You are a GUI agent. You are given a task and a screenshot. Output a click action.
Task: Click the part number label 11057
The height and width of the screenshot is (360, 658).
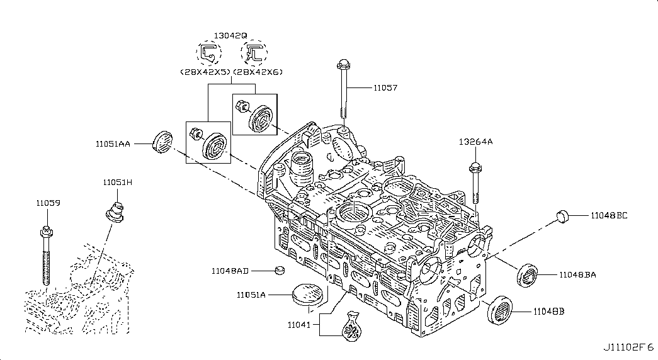pos(385,89)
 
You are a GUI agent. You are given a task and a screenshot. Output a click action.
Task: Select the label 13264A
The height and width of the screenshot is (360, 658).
pos(475,142)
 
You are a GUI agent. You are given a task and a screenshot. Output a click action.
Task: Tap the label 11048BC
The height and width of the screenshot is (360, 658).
pos(609,215)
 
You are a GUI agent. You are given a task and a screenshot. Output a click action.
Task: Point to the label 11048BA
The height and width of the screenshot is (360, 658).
pos(577,275)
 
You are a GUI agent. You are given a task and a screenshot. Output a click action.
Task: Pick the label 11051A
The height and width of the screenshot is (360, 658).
pos(251,295)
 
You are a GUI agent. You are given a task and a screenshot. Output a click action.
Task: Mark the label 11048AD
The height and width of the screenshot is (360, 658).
pos(230,271)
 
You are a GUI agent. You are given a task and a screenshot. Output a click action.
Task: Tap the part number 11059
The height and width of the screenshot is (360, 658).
pos(48,203)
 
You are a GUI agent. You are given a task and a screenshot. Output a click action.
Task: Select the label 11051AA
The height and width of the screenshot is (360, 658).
pos(113,144)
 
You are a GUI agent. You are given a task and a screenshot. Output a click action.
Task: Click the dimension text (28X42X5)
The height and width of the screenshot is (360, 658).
pos(205,72)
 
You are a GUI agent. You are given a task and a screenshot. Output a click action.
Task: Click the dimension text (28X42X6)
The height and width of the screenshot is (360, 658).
pos(258,72)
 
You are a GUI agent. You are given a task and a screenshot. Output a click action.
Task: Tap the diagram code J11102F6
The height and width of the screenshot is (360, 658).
pos(628,348)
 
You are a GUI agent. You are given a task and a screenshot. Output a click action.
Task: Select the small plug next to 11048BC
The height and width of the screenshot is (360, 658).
pos(562,217)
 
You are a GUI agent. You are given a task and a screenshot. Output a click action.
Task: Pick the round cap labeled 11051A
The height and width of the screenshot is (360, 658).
pos(307,296)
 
